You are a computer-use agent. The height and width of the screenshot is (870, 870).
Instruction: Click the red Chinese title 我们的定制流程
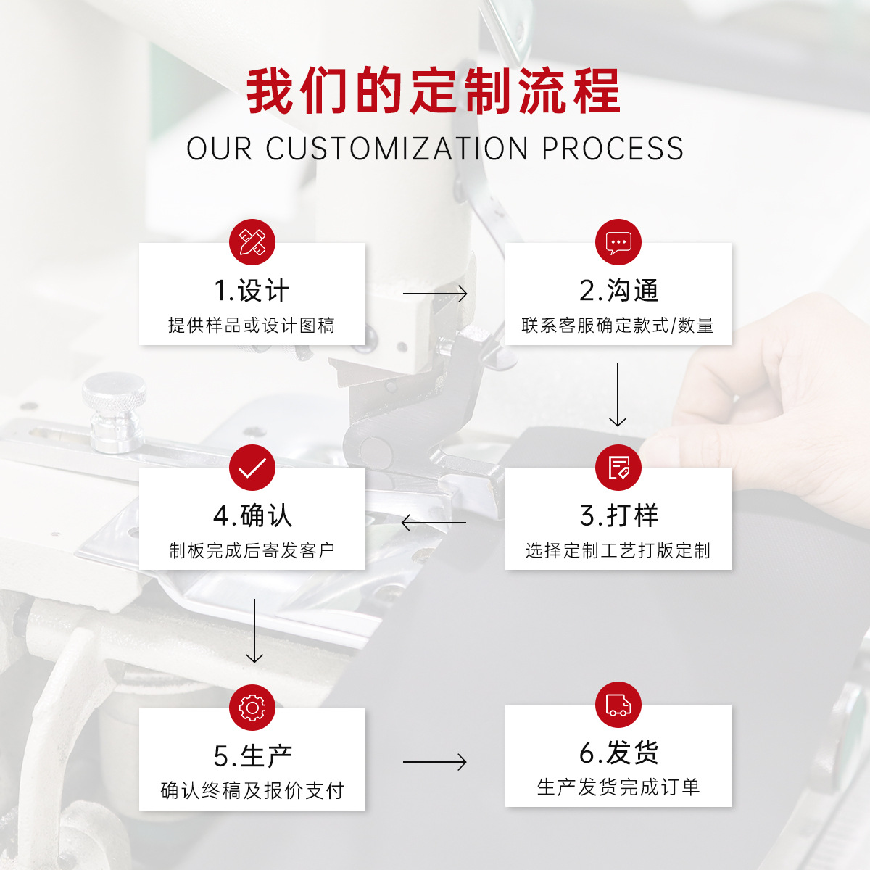(434, 91)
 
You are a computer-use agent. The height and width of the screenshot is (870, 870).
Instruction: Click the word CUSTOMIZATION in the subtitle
(397, 149)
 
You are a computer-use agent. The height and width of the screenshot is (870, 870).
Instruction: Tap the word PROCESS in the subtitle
(613, 149)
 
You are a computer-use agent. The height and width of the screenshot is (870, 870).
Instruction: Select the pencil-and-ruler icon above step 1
(252, 242)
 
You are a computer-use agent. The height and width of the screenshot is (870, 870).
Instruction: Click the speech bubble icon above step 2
(618, 242)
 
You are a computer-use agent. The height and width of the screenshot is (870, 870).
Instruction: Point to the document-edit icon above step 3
(618, 468)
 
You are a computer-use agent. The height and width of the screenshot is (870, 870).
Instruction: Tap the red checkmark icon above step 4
(252, 468)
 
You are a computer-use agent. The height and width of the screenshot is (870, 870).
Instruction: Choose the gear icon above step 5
(252, 708)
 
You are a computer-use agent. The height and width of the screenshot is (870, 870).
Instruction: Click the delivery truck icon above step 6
(618, 705)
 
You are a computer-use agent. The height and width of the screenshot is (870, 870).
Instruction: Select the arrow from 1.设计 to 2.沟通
(435, 294)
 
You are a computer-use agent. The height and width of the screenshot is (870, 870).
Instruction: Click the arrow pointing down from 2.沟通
(618, 394)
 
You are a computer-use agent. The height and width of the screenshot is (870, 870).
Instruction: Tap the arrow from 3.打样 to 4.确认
(434, 522)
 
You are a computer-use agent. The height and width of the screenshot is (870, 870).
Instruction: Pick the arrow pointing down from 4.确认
(254, 630)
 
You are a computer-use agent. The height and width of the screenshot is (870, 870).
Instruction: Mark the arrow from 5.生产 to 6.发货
(435, 762)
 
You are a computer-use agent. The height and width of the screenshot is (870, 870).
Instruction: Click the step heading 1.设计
(252, 291)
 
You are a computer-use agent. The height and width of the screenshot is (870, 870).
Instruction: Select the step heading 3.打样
(619, 516)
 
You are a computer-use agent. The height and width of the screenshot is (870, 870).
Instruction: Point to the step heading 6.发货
(619, 753)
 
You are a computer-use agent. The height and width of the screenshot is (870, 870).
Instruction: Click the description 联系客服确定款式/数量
(618, 326)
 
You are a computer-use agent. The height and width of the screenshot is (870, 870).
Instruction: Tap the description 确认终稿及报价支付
(252, 790)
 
